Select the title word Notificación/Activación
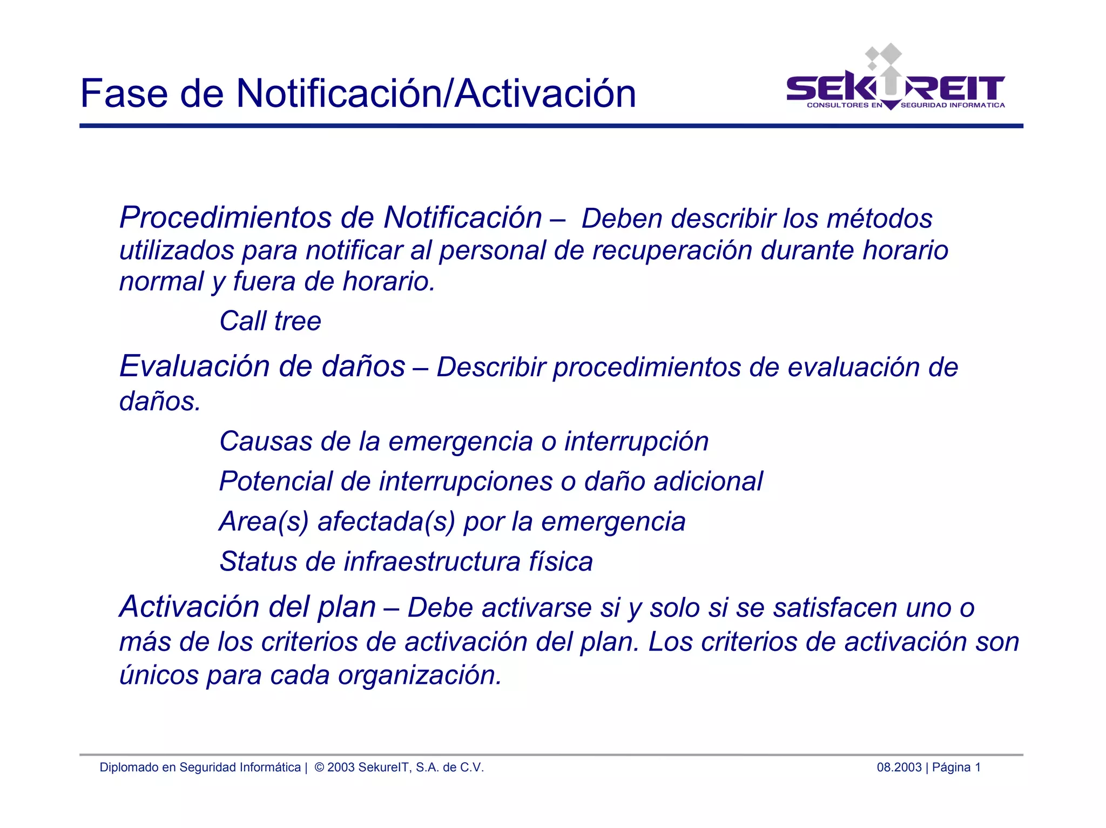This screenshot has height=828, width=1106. [x=436, y=93]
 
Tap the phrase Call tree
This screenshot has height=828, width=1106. [x=270, y=321]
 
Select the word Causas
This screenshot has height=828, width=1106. [x=265, y=442]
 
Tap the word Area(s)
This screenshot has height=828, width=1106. [x=264, y=522]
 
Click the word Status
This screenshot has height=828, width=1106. [x=258, y=561]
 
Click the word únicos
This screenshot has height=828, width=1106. [x=159, y=675]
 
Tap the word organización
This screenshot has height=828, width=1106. [x=420, y=675]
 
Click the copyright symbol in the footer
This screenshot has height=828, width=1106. [x=319, y=768]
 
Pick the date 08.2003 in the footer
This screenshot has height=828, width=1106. [x=899, y=768]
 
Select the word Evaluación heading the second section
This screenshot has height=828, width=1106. [x=194, y=367]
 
